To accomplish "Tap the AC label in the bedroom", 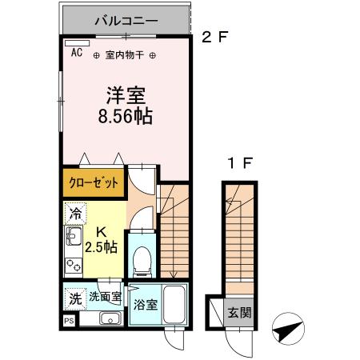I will (x=77, y=53).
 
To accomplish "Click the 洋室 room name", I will (x=126, y=94).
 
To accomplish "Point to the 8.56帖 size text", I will (x=126, y=115).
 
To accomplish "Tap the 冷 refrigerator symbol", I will (x=75, y=214).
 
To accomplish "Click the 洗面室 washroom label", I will (x=105, y=297).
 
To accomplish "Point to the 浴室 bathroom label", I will (x=146, y=305).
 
